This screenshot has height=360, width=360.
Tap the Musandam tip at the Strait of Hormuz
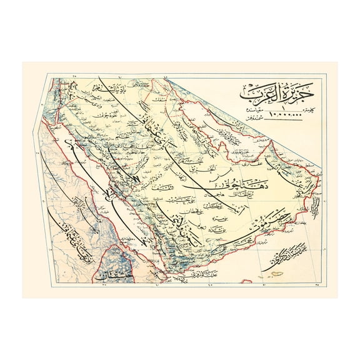(x=276, y=145)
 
